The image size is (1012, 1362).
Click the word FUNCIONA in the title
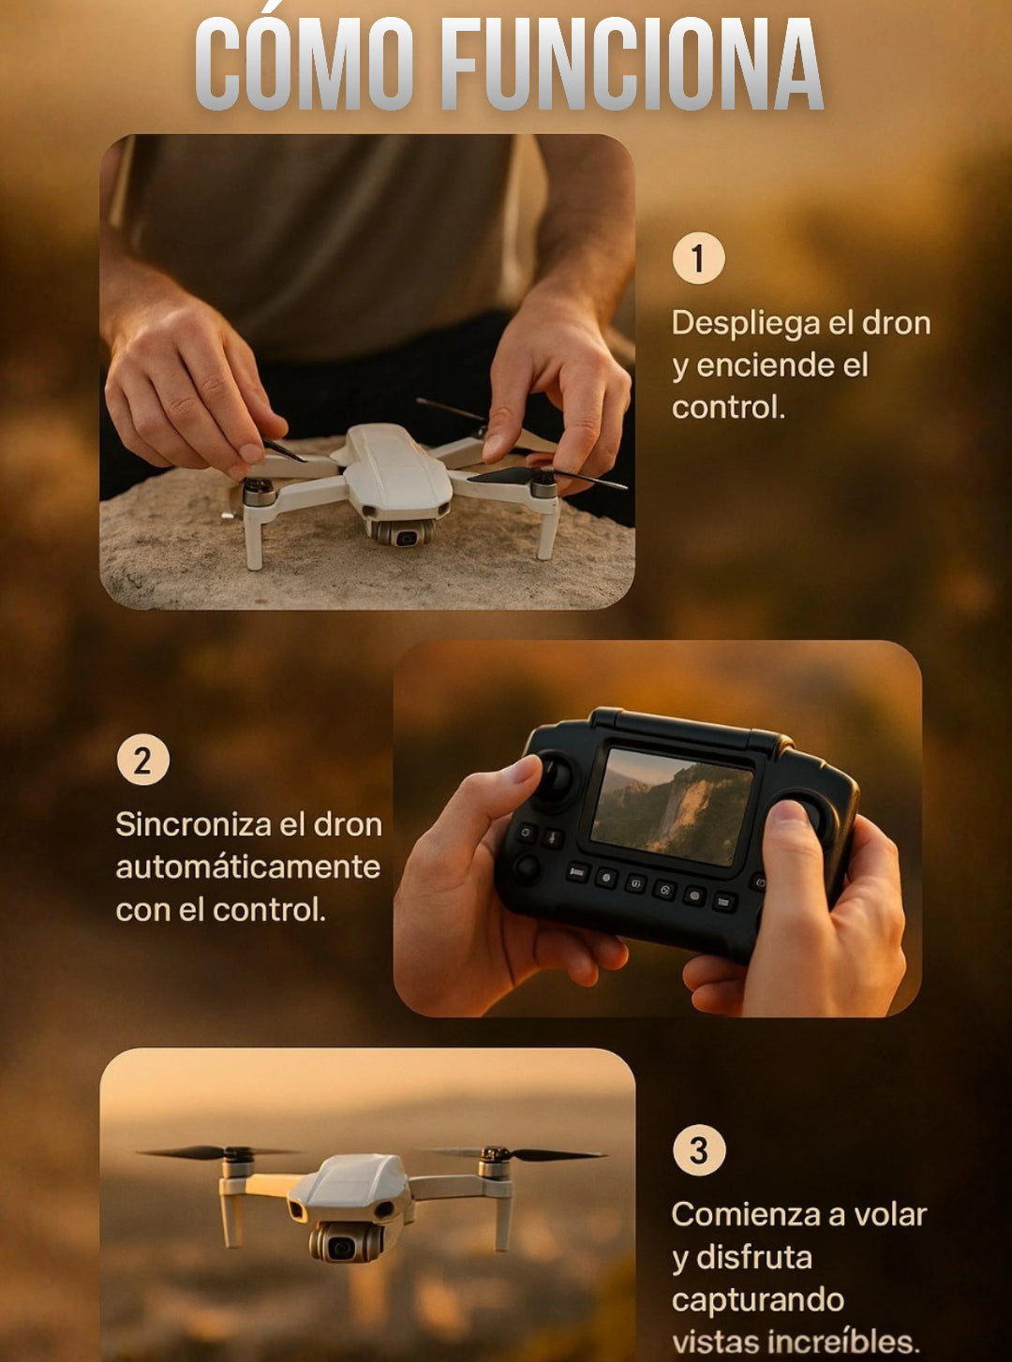632,65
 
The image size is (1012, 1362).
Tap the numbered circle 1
699,258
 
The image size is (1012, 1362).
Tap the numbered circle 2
143,761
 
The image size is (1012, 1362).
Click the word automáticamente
248,867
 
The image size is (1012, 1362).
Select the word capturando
758,1301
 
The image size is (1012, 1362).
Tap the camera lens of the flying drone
340,1247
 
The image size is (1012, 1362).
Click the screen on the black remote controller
672,807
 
